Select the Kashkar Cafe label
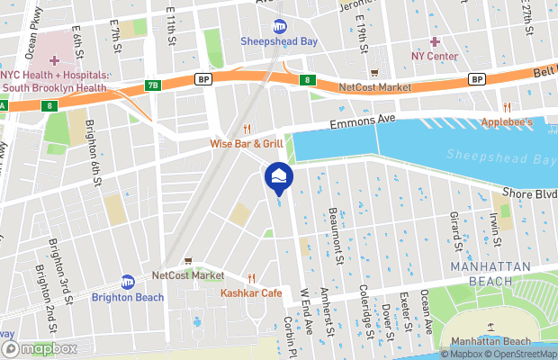click(251, 293)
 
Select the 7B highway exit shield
click(152, 85)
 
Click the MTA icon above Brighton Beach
click(128, 282)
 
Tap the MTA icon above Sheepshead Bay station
click(279, 26)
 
